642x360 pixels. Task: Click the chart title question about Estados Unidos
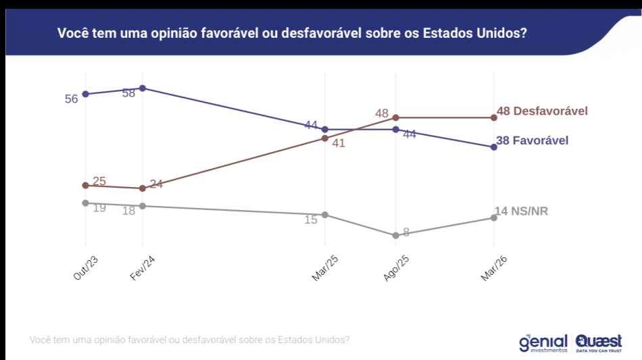(291, 33)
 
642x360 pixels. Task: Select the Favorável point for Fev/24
(142, 88)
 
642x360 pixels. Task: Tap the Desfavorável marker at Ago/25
(395, 118)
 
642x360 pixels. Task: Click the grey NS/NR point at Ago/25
(395, 236)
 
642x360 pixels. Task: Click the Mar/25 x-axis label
(325, 269)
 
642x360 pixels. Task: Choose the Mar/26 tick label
(494, 269)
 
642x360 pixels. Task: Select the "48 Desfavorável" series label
(541, 111)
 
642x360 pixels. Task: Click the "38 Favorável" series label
(532, 140)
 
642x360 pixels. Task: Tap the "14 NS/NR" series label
(521, 211)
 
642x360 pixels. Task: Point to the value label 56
(72, 99)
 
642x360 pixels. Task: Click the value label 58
(129, 93)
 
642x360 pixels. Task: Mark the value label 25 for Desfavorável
(99, 181)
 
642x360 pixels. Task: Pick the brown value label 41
(339, 143)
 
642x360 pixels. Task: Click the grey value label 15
(311, 220)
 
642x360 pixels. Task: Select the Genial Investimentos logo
(543, 342)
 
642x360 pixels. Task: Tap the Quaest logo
(599, 342)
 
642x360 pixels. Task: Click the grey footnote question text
(189, 340)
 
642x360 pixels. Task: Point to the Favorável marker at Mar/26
(493, 147)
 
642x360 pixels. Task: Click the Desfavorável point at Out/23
(85, 186)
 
